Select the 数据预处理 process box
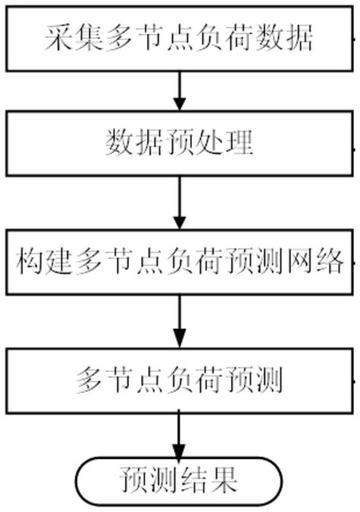[x=179, y=144]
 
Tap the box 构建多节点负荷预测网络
[x=179, y=264]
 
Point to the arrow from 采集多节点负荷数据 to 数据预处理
[x=180, y=90]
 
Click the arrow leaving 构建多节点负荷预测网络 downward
[x=180, y=320]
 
